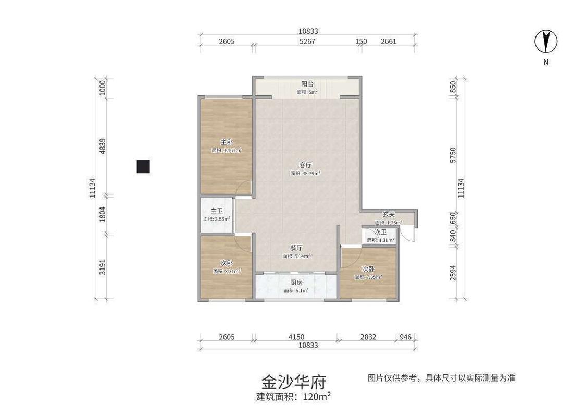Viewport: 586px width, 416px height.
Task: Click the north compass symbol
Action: point(546,41)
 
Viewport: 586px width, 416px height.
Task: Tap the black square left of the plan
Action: point(143,166)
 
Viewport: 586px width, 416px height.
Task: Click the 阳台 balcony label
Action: point(307,84)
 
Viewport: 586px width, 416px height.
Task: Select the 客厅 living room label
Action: point(305,165)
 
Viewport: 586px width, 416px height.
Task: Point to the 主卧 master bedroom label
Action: point(227,142)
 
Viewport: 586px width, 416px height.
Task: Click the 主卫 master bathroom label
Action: point(217,211)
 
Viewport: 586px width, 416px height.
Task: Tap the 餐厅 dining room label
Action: point(296,248)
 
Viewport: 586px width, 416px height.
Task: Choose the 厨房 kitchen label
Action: point(296,283)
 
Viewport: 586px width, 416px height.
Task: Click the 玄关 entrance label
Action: point(389,214)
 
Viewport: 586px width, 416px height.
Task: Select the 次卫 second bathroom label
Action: point(381,233)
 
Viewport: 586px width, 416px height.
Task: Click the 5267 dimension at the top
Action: point(307,42)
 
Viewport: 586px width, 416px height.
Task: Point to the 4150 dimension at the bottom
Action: point(296,337)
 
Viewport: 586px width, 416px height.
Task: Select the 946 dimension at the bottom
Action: point(405,337)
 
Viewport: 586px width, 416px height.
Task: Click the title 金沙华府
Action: point(293,382)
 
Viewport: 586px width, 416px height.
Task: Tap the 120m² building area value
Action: point(316,397)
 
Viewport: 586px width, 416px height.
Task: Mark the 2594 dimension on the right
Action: point(453,273)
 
